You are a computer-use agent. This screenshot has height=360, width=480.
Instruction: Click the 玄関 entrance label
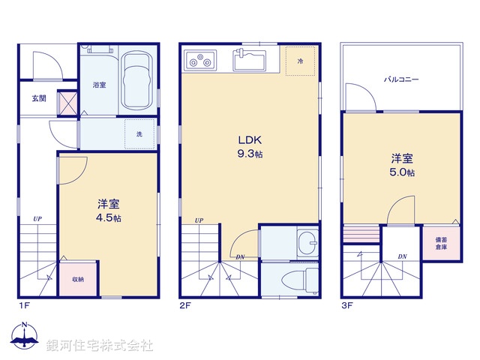[39, 98]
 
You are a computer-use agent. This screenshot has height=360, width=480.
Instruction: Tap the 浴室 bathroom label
[99, 85]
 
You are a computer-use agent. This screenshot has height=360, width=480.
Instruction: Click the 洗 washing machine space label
[139, 134]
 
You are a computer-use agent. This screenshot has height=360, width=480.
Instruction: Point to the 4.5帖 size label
[109, 218]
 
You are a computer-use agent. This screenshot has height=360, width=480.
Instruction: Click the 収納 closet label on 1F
[78, 279]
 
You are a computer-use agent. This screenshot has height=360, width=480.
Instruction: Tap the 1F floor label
[25, 305]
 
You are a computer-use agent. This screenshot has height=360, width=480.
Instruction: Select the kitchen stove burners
[201, 58]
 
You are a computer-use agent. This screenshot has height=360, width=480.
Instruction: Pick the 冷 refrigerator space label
[300, 60]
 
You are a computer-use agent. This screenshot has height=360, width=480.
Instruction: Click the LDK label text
[250, 139]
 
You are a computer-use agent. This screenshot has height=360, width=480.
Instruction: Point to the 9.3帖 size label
[250, 154]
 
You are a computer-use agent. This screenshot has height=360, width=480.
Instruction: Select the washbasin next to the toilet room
[306, 241]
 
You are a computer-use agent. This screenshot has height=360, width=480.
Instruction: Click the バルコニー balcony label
[401, 79]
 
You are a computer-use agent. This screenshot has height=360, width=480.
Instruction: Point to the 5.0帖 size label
[402, 172]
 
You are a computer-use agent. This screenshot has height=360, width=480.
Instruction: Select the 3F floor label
[347, 305]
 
